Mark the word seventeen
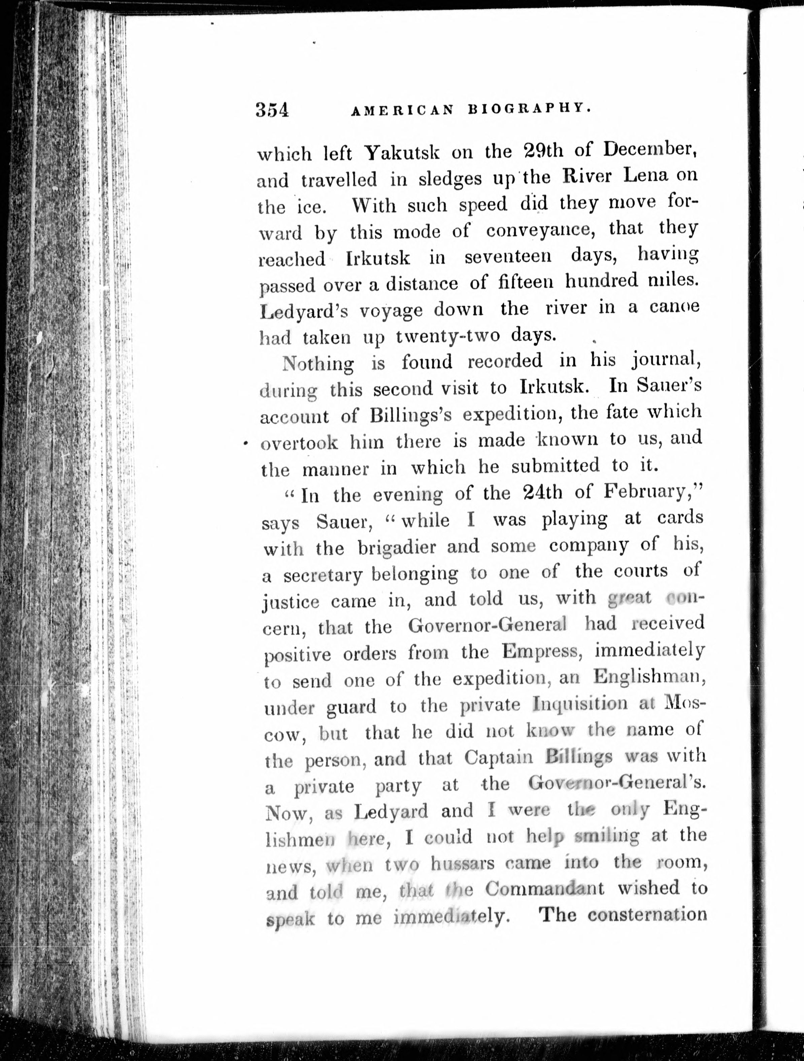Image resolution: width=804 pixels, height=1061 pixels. click(508, 257)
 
